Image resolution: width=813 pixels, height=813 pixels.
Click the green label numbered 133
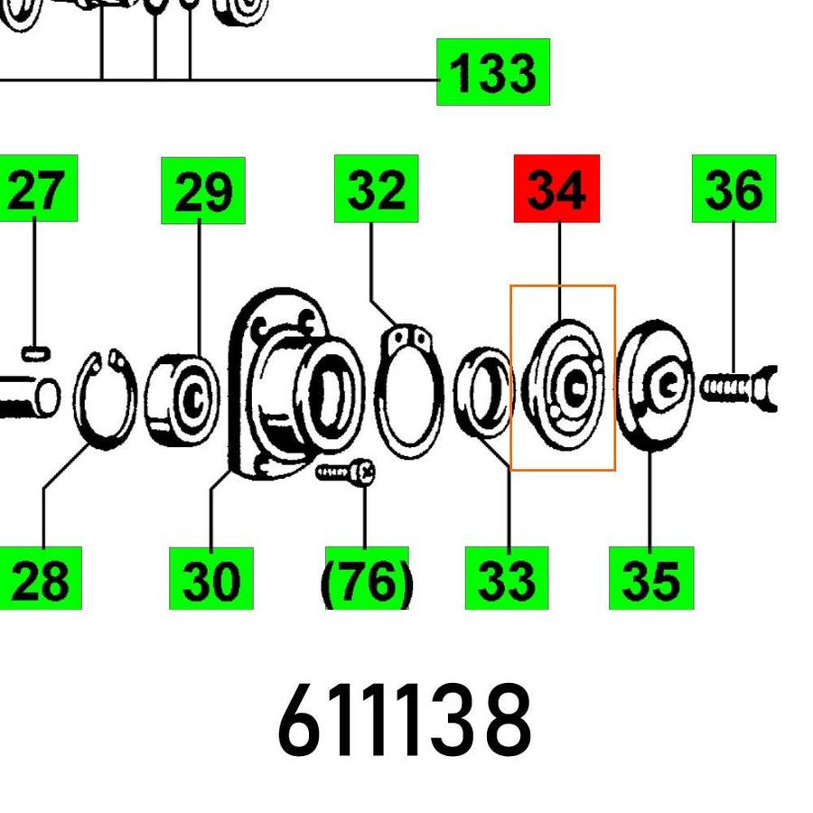coord(493,72)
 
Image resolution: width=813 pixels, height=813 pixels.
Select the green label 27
coord(38,189)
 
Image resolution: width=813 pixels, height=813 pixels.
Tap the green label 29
coord(203,191)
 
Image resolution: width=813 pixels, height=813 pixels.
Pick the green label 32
coord(376,189)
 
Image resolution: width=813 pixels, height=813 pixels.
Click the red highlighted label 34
coord(556,189)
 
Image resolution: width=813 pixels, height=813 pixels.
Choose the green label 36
coord(734,189)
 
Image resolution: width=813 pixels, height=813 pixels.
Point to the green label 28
coord(41,578)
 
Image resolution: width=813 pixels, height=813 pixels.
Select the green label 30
coord(210,578)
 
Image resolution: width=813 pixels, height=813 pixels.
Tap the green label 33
coord(507,578)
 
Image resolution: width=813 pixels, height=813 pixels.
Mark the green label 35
coord(650,578)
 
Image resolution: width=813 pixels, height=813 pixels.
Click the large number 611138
coord(404,723)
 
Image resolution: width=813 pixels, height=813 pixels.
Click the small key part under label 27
coord(34,350)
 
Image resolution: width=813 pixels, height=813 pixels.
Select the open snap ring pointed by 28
coord(104,398)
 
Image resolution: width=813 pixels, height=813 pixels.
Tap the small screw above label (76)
coord(346,472)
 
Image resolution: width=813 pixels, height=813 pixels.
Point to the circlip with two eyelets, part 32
coord(408,394)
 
